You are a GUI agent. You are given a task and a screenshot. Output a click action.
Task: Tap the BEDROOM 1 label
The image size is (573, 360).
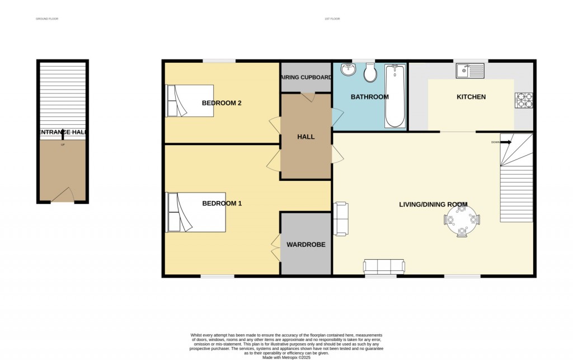[222, 203]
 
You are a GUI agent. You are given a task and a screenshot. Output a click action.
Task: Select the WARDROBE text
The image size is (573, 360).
[306, 245]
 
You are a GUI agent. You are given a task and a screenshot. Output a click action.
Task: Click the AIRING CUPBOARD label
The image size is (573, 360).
[306, 77]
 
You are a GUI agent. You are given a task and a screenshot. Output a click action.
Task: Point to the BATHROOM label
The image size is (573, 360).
[369, 97]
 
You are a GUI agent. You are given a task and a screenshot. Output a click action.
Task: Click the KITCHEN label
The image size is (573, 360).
[471, 97]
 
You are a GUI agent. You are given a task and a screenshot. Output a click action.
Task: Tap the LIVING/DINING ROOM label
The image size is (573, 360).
[433, 204]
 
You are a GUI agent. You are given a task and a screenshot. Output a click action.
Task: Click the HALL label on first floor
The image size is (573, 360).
[306, 137]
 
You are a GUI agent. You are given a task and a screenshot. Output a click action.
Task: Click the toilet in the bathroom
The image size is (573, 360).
[370, 72]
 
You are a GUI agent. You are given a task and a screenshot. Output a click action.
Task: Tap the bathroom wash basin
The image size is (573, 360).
[348, 70]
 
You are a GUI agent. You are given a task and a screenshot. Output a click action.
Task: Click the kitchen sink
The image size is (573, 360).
[469, 71]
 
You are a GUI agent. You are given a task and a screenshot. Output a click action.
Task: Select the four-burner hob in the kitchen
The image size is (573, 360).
[524, 100]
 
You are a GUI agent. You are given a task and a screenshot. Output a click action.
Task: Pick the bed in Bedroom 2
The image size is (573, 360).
[190, 101]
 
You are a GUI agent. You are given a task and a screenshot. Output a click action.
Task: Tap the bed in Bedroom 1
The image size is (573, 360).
[196, 212]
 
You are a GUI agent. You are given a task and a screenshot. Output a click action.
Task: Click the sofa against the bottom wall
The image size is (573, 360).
[384, 267]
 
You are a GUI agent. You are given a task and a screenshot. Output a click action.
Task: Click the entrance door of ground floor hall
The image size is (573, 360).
[63, 195]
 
